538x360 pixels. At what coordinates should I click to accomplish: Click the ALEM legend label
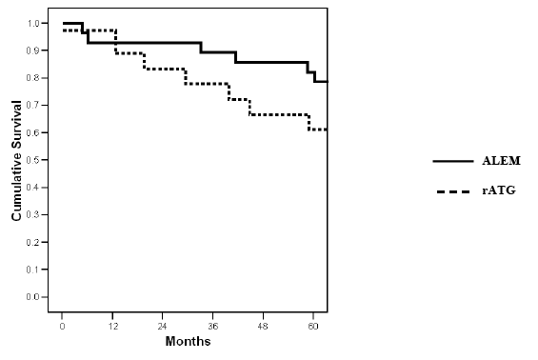click(501, 161)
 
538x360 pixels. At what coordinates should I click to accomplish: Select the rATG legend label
click(499, 190)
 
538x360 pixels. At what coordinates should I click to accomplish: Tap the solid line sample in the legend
click(453, 161)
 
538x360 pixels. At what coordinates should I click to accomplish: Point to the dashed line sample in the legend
click(453, 191)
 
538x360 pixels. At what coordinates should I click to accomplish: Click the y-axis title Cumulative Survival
click(16, 161)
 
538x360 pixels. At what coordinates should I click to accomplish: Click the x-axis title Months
click(188, 341)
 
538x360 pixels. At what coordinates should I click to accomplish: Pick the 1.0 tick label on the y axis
click(32, 23)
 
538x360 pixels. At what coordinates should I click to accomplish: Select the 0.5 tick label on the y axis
click(32, 160)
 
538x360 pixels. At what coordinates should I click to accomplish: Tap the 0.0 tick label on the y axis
click(32, 297)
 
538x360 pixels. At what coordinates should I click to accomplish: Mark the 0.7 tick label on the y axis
click(32, 105)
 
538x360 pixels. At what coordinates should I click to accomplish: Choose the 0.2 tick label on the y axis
click(32, 242)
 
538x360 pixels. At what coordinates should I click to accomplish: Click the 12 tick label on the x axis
click(112, 326)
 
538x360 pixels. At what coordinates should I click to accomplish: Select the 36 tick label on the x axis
click(212, 326)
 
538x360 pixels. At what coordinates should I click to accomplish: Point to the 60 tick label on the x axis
click(313, 326)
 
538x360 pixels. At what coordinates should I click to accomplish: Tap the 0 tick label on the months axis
click(62, 326)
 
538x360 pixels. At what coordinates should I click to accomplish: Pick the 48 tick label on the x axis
click(263, 326)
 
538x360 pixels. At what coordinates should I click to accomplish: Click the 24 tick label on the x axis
click(162, 326)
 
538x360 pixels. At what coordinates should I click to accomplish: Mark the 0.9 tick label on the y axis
click(32, 50)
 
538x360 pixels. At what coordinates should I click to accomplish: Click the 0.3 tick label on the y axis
click(32, 214)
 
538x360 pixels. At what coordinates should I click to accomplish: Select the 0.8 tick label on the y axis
click(32, 78)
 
